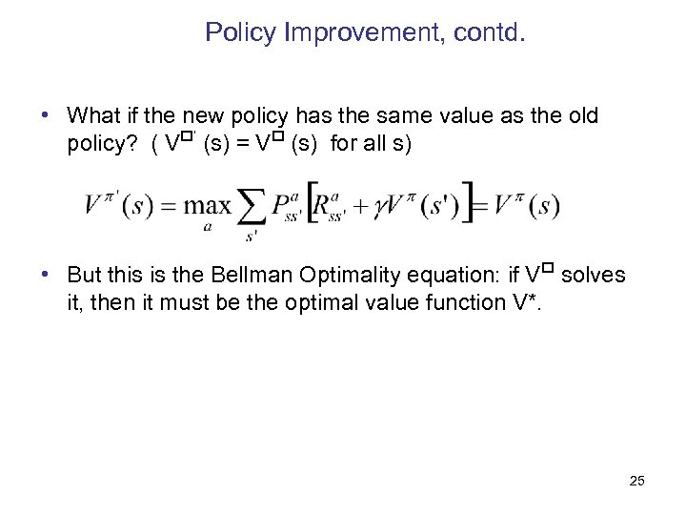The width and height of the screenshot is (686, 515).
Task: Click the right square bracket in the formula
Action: (466, 203)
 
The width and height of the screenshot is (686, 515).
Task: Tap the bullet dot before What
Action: (45, 115)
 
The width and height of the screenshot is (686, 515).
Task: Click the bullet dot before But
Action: (45, 276)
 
